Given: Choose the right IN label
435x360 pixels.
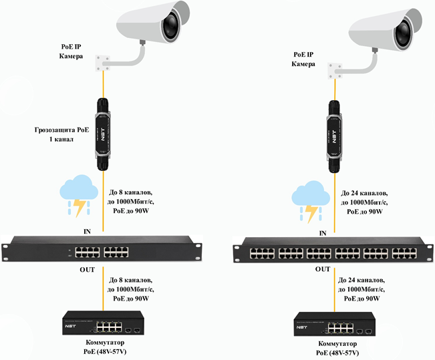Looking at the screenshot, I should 323,234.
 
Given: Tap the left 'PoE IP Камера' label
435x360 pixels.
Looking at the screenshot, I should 71,51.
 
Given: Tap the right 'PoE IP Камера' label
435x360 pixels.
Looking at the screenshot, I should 307,58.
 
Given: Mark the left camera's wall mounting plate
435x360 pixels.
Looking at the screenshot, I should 103,63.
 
